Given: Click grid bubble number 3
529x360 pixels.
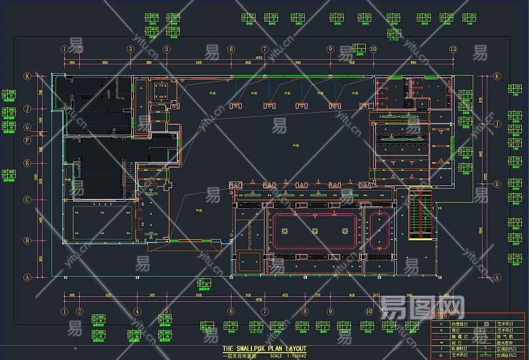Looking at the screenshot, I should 130,49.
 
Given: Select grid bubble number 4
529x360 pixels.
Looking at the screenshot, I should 137,311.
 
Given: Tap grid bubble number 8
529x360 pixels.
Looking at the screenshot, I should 305,311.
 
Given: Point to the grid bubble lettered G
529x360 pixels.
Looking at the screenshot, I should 27,127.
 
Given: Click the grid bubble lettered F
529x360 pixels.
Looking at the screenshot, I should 27,141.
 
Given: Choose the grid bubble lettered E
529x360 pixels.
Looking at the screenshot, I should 27,163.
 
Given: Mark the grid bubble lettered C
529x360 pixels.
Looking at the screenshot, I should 27,200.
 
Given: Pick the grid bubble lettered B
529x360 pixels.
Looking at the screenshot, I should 27,241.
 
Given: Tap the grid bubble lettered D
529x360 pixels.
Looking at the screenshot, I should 497,184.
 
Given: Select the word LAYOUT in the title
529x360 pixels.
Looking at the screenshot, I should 295,349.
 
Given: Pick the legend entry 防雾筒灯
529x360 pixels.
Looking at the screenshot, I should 457,325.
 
